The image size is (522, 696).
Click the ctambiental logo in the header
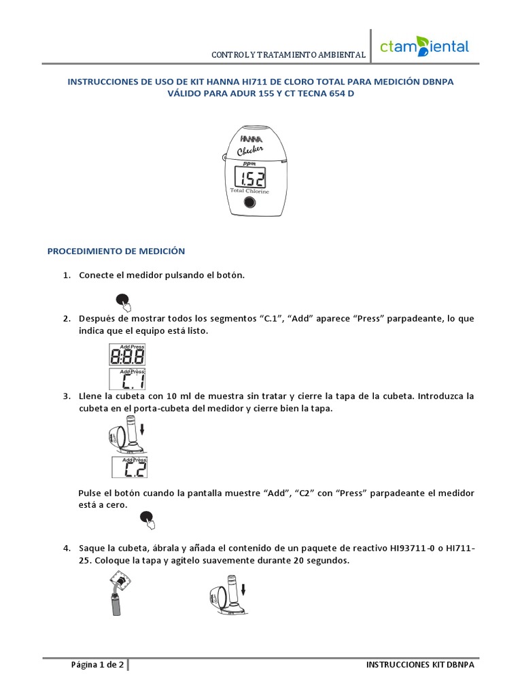(x=424, y=48)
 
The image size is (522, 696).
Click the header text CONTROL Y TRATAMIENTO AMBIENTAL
(x=289, y=54)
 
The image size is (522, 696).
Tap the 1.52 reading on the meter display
(x=250, y=179)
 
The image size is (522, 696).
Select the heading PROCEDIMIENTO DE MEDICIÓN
(x=116, y=251)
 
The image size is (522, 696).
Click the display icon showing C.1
(x=127, y=379)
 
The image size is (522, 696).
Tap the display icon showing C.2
(x=129, y=468)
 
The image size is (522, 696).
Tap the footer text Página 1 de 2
(x=97, y=665)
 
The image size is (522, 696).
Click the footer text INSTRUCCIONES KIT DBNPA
(x=419, y=665)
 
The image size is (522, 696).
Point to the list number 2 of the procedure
(x=67, y=319)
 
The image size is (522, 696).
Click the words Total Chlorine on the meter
(x=249, y=192)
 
